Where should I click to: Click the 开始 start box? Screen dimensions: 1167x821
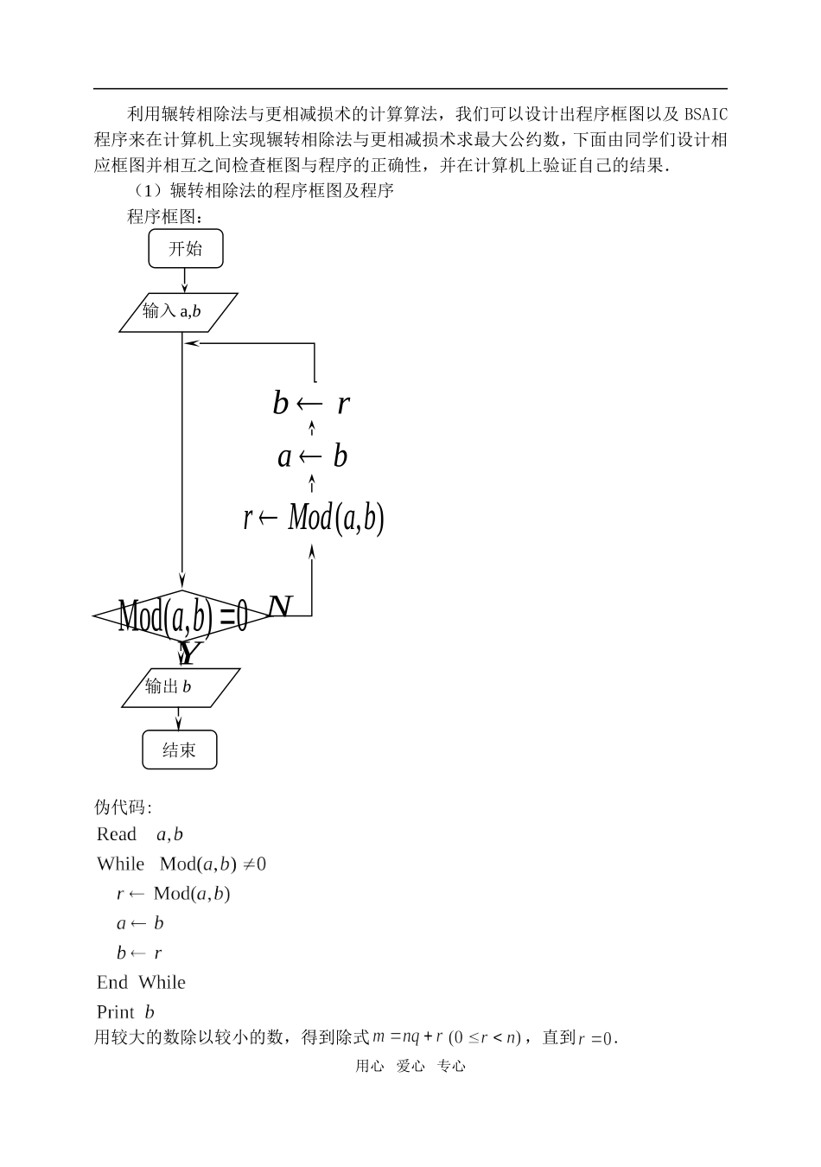[x=185, y=249]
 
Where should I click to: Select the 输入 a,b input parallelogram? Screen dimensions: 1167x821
[x=178, y=312]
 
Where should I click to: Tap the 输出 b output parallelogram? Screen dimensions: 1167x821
[x=180, y=687]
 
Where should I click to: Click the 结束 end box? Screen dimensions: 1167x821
[x=179, y=749]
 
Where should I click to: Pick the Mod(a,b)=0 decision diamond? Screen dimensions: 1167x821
[x=182, y=616]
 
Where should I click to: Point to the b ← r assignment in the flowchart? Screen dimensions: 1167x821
[x=311, y=403]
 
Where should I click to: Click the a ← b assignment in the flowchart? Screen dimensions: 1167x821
[x=312, y=456]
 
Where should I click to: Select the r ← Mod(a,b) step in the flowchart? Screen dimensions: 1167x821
[x=313, y=519]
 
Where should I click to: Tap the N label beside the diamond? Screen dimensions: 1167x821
[x=280, y=607]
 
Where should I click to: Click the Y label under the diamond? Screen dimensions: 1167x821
[x=189, y=654]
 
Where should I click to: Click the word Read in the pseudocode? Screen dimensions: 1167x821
[x=117, y=834]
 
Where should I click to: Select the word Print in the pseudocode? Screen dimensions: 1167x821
[x=116, y=1012]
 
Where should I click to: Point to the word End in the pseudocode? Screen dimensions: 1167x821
[x=112, y=983]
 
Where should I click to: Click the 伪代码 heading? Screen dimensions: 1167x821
[x=122, y=807]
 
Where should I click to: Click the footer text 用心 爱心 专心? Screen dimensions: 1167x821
[x=410, y=1067]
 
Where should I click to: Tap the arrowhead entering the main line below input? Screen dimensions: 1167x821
[x=190, y=343]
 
